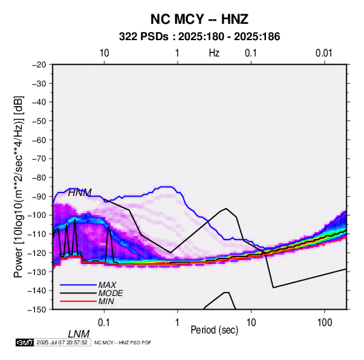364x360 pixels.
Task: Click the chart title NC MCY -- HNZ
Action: [x=199, y=19]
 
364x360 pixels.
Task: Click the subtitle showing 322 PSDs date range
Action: [x=199, y=37]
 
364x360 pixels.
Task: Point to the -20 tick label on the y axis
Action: [x=39, y=65]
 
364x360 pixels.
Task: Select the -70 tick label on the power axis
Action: [x=39, y=159]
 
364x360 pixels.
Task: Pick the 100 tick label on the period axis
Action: [x=325, y=323]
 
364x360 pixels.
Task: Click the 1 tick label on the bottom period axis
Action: [x=177, y=323]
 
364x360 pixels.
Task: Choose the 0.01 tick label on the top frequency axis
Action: [x=324, y=53]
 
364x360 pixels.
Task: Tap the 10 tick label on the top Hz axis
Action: [x=104, y=53]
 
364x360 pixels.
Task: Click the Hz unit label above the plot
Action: [x=214, y=53]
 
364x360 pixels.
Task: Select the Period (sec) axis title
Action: [x=214, y=330]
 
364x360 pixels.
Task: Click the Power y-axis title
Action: [x=18, y=186]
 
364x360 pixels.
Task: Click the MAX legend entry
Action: [x=107, y=284]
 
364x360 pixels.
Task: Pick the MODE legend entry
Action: [x=110, y=293]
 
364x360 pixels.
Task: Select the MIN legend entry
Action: [x=106, y=301]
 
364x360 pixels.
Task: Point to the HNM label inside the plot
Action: [x=80, y=193]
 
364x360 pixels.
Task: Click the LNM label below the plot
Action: [x=78, y=334]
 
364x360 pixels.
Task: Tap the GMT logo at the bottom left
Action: [x=25, y=342]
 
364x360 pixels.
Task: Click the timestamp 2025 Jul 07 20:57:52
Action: [x=62, y=342]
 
